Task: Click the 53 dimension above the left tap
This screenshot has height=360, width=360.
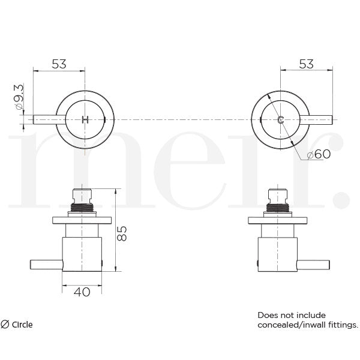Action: coord(58,64)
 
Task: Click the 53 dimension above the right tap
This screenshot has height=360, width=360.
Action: coord(306,64)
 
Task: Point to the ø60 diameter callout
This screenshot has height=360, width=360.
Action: coord(318,155)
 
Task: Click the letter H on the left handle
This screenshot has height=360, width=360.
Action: coord(85,119)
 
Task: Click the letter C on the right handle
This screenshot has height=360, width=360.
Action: coord(280,119)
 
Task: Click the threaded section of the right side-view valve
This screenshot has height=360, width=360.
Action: coord(278,208)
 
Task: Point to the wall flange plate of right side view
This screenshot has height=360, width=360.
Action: coord(278,219)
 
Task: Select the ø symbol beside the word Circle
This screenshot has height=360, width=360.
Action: coord(5,325)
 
